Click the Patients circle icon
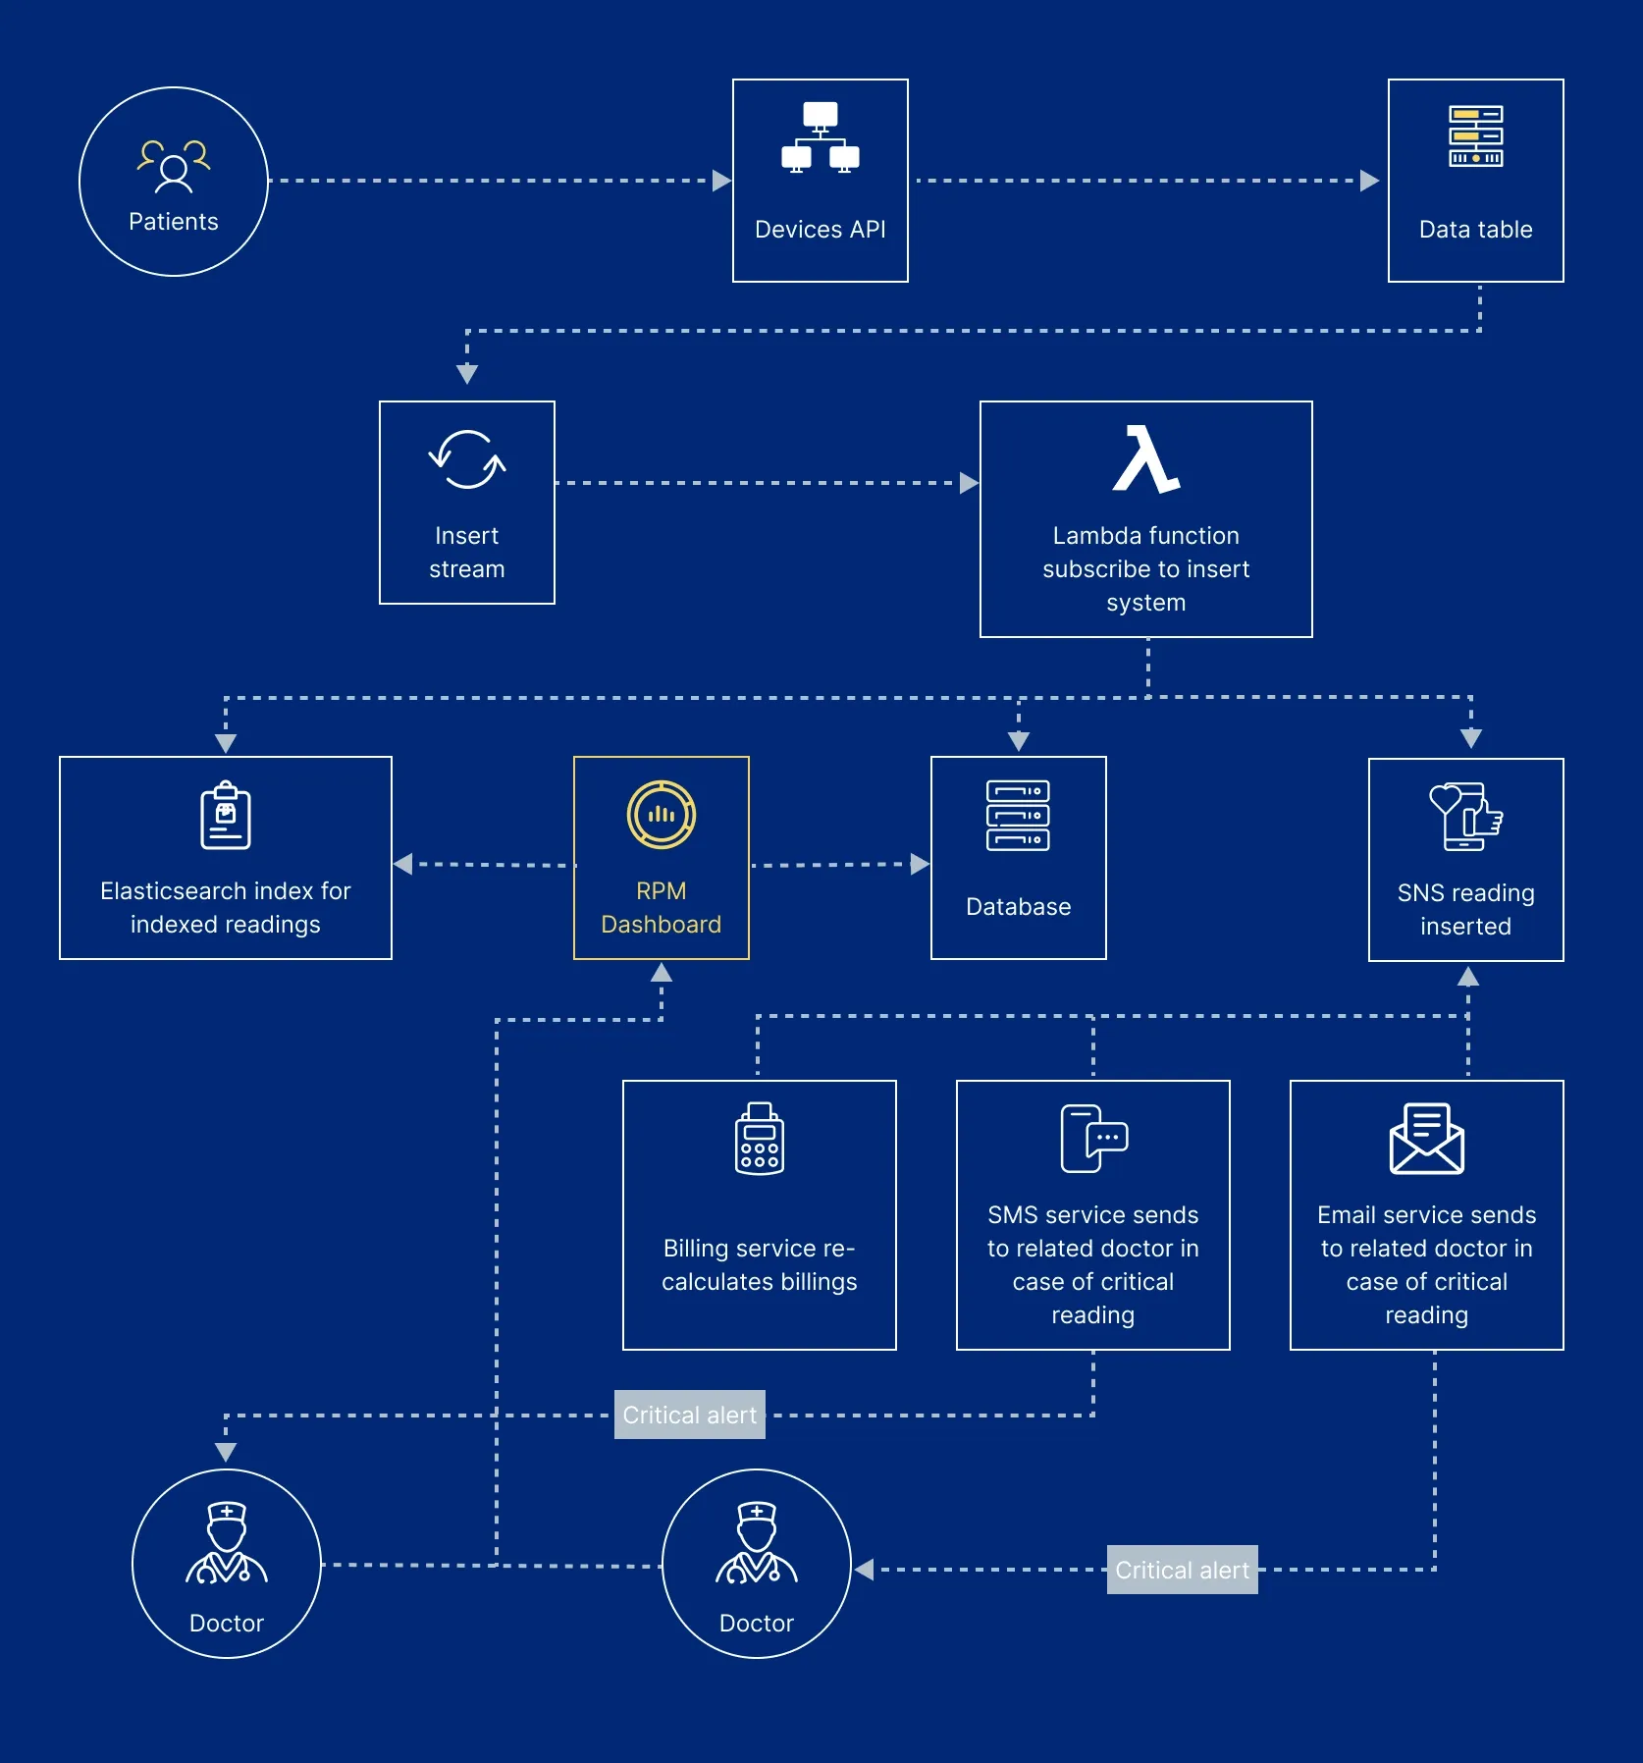tap(174, 166)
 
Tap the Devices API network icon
tap(821, 137)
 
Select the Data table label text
tap(1475, 230)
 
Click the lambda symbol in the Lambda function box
tap(1145, 459)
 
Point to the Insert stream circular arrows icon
tap(467, 459)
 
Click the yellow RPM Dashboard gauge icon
tap(662, 815)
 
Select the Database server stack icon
tap(1018, 816)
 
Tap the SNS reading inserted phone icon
tap(1465, 817)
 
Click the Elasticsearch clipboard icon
tap(226, 816)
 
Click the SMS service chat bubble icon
tap(1093, 1139)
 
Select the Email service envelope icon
tap(1426, 1139)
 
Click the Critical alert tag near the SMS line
tap(689, 1415)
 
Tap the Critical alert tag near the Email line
tap(1182, 1570)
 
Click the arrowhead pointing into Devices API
tap(721, 181)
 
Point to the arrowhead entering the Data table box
tap(1370, 181)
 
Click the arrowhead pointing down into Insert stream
tap(467, 374)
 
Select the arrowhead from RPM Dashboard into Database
tap(920, 864)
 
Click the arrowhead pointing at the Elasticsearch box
tap(402, 864)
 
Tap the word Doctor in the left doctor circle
tap(227, 1624)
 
